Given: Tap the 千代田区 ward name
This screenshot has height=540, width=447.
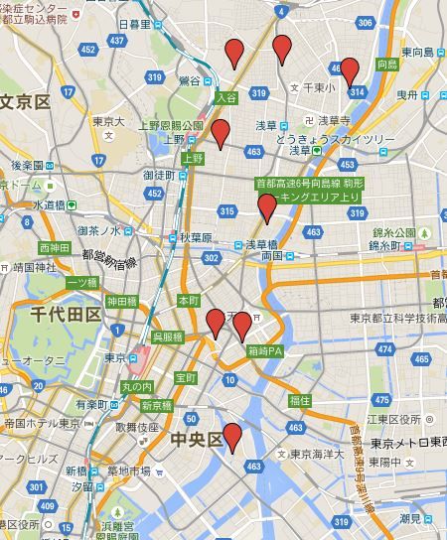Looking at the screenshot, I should pyautogui.click(x=66, y=315).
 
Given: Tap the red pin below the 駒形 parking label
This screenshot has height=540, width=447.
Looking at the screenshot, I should pyautogui.click(x=266, y=206).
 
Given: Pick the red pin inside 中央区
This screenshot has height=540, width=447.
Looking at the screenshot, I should pyautogui.click(x=232, y=437).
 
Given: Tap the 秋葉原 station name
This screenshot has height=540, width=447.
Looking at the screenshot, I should pyautogui.click(x=196, y=238).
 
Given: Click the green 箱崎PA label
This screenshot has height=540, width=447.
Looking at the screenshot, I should pyautogui.click(x=266, y=350).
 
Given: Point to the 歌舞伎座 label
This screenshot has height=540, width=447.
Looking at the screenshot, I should pyautogui.click(x=137, y=427).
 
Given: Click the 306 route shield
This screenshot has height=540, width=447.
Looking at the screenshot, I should pyautogui.click(x=366, y=22).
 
